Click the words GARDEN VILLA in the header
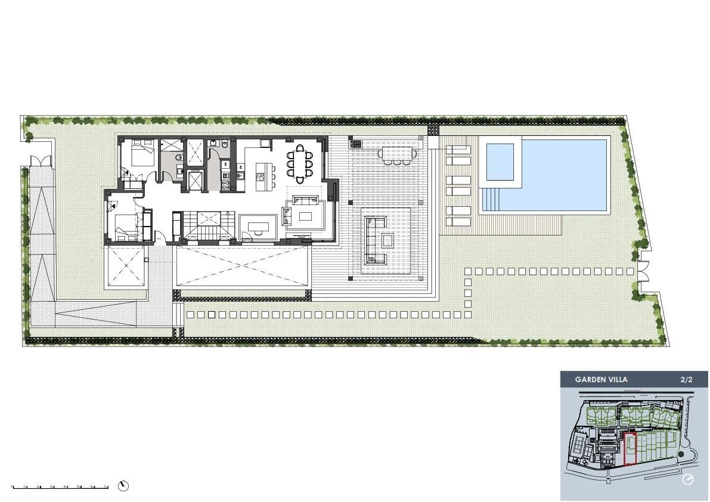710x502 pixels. coord(601,379)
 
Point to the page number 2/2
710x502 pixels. coord(687,379)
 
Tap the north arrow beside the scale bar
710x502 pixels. coord(123,486)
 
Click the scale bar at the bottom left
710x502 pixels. coord(60,487)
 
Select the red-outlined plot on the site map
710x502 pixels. coord(630,449)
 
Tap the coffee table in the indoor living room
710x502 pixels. coord(305,216)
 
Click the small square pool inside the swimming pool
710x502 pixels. coord(500,162)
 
